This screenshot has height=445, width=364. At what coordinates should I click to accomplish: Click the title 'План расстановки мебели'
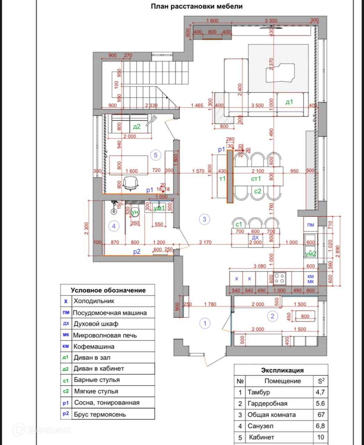[196, 6]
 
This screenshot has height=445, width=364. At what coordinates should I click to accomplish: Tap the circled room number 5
[156, 155]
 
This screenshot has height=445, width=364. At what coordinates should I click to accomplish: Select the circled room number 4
[114, 226]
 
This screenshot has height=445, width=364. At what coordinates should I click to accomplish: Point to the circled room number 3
[205, 219]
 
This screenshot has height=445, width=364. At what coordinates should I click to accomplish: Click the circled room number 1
[205, 323]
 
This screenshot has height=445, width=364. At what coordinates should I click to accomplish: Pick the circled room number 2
[272, 316]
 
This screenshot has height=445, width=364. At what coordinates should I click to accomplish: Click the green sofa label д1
[289, 102]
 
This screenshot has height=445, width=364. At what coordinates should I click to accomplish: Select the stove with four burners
[280, 278]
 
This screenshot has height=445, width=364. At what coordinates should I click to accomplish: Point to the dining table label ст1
[256, 179]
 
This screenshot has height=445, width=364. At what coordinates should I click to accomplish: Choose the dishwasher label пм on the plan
[311, 225]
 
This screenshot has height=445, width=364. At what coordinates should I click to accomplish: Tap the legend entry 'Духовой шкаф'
[96, 324]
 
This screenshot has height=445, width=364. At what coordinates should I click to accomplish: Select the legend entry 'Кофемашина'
[94, 347]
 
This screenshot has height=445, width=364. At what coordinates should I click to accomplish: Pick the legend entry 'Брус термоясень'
[100, 414]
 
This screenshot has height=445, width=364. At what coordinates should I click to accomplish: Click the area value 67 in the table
[321, 415]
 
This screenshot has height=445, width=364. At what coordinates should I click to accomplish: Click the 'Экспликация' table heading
[282, 370]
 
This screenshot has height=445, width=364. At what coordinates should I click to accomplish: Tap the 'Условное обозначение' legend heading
[108, 290]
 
